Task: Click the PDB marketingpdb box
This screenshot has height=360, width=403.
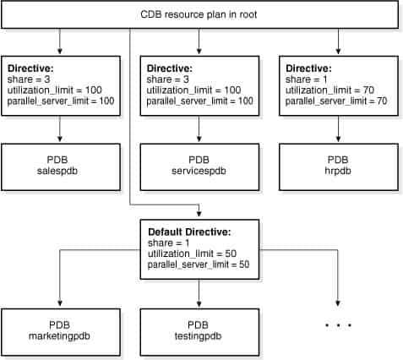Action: click(61, 330)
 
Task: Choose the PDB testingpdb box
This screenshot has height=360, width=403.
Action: click(199, 330)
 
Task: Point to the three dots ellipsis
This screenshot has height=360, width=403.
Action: click(338, 325)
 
